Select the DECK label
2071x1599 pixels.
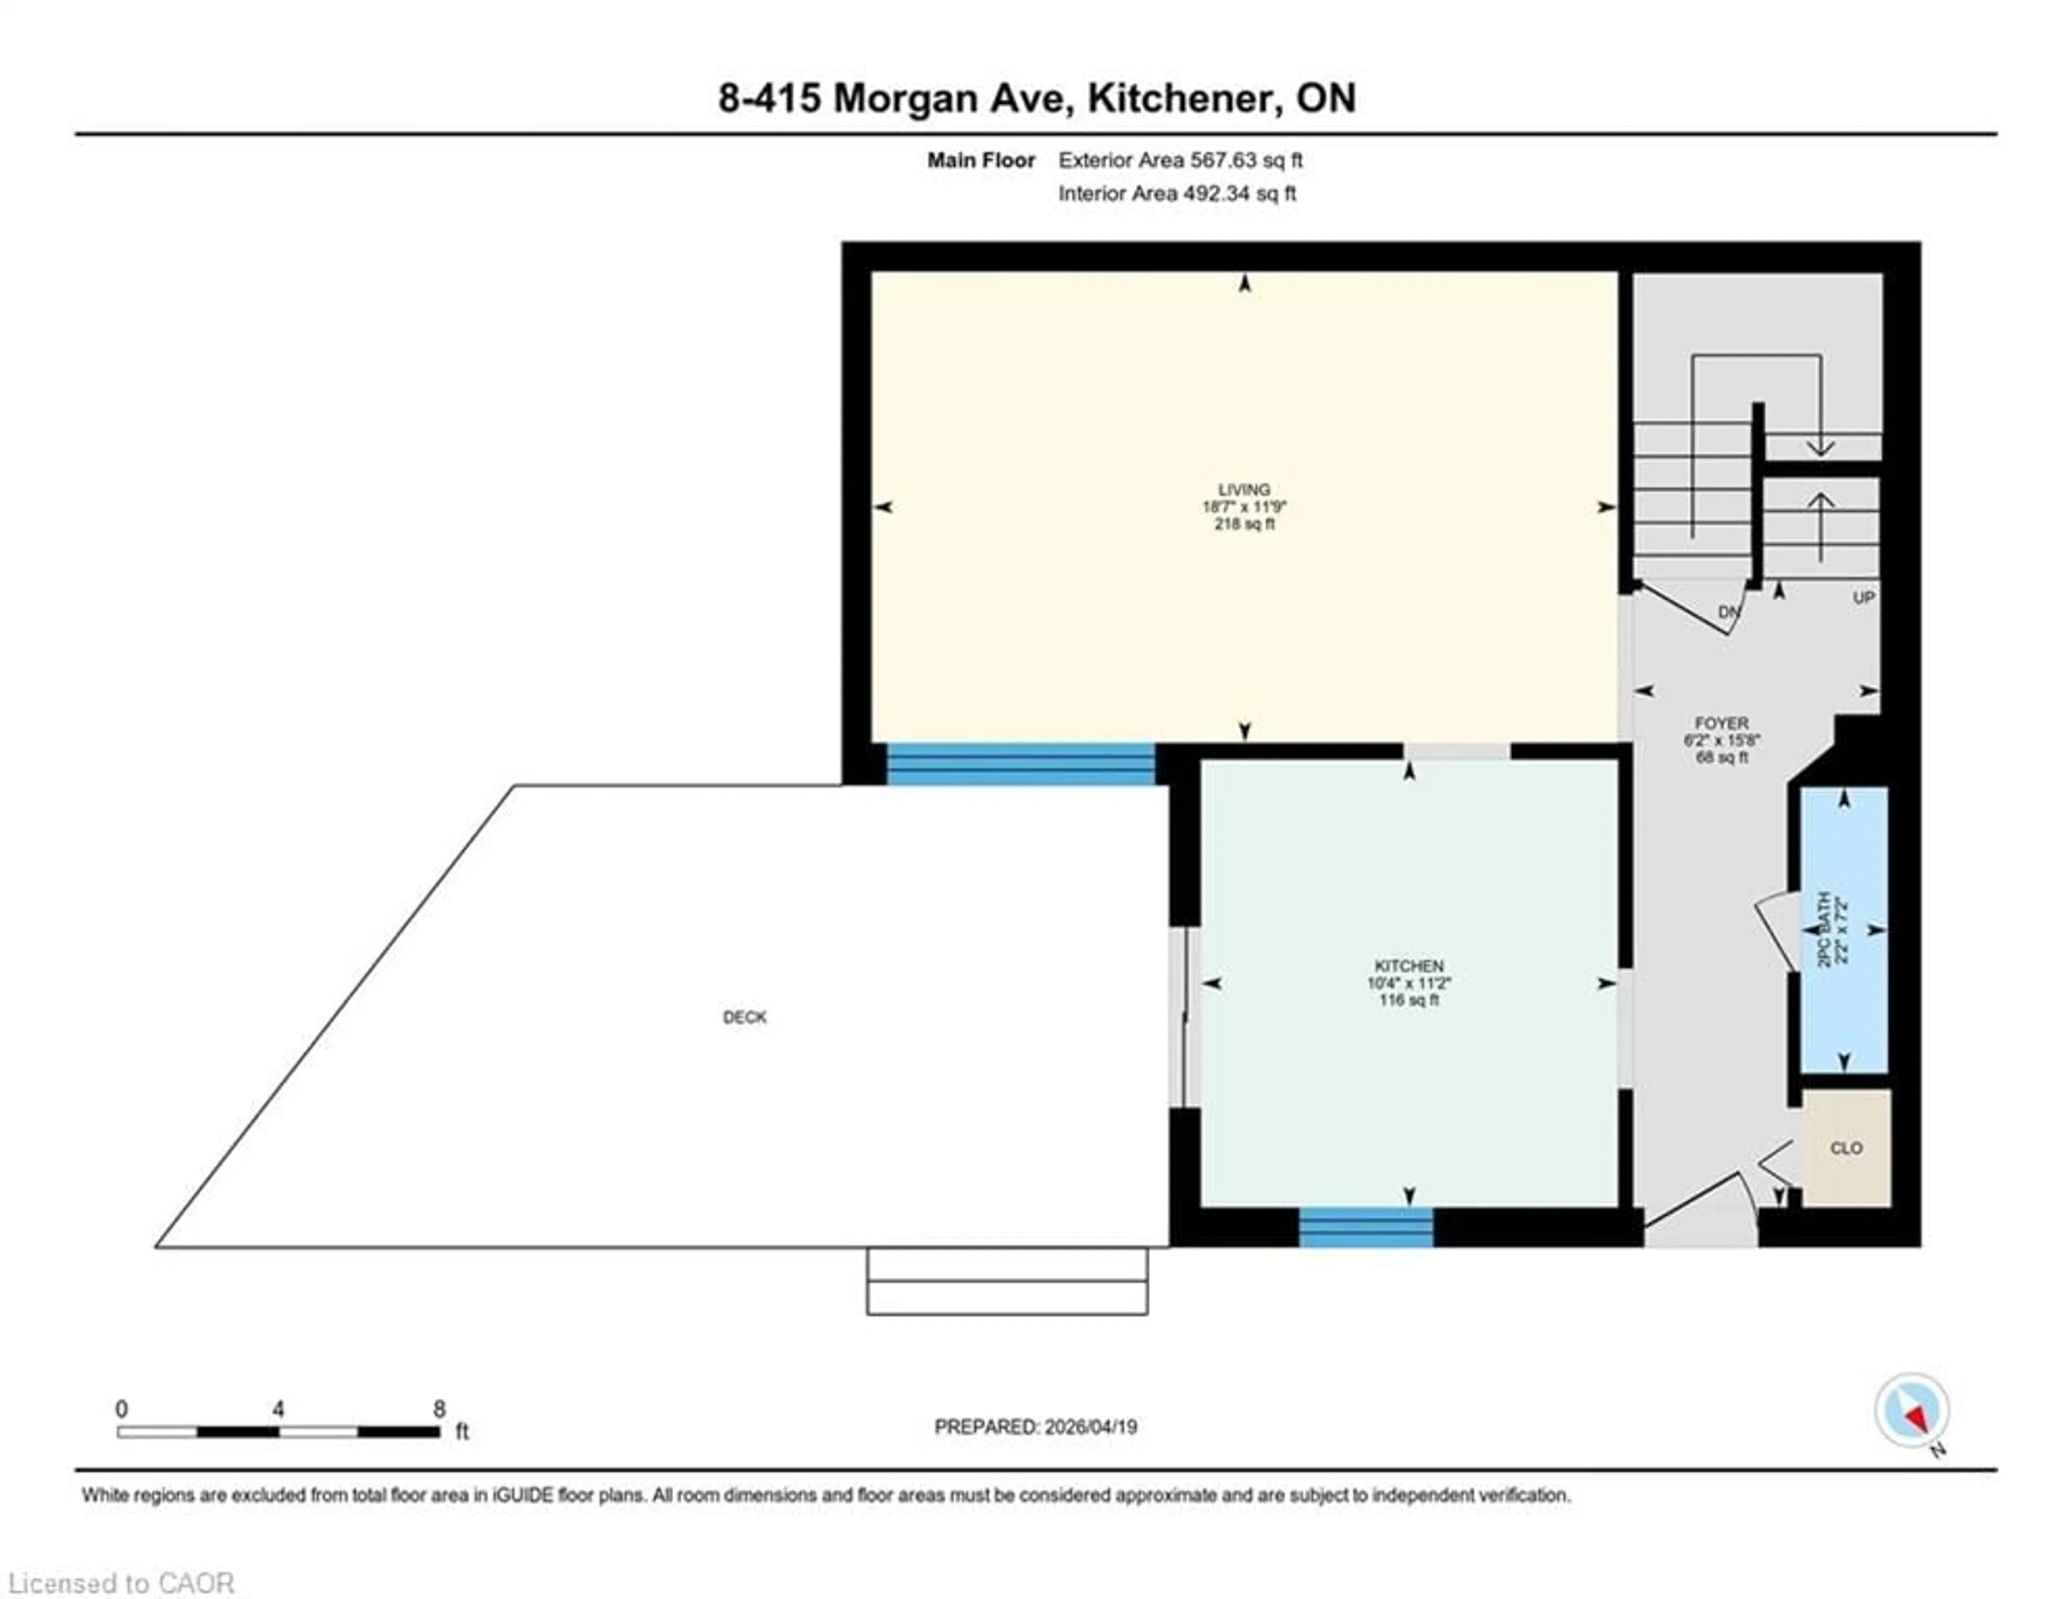click(x=744, y=1017)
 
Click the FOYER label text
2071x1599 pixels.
click(x=1721, y=723)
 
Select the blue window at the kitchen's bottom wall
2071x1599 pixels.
click(x=1366, y=1227)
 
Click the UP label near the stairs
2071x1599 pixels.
click(x=1863, y=598)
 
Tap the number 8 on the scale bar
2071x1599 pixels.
click(x=439, y=1409)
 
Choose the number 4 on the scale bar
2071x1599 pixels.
click(x=278, y=1409)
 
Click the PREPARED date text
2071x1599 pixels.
click(x=1035, y=1426)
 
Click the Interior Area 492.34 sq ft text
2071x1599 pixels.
click(x=1177, y=194)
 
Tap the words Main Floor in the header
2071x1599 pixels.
click(x=980, y=160)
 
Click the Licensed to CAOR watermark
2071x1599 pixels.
click(x=121, y=1583)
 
